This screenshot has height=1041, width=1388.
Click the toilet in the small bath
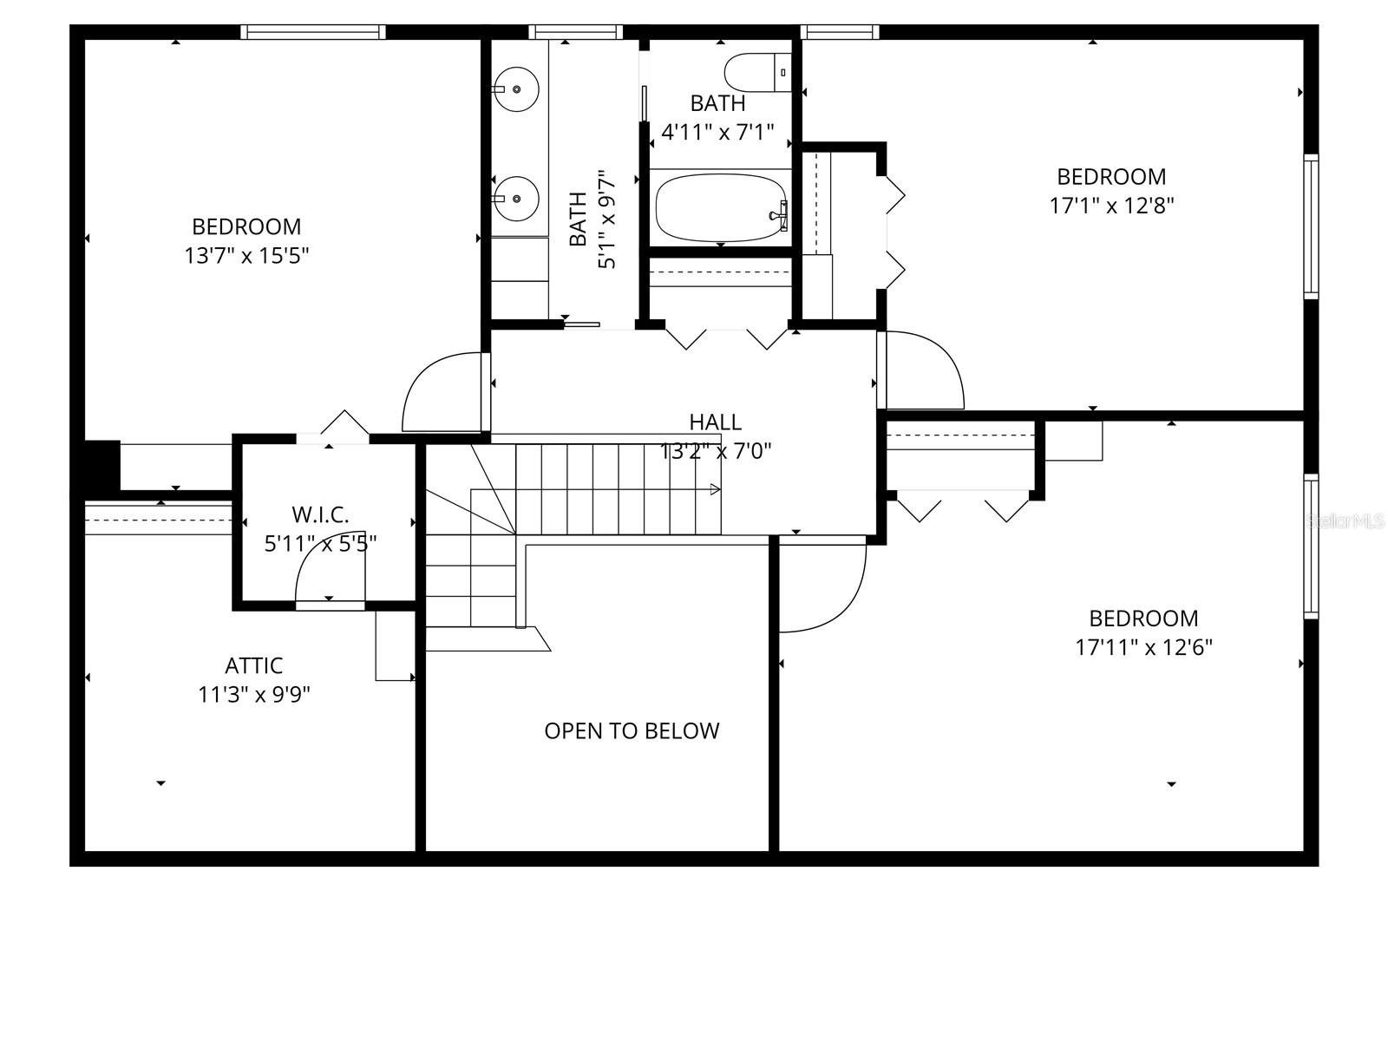click(x=756, y=73)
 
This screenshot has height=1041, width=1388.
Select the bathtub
click(x=720, y=209)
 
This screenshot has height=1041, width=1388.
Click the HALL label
click(x=715, y=422)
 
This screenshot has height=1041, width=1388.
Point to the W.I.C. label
click(x=320, y=514)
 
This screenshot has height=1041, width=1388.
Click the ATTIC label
click(x=253, y=665)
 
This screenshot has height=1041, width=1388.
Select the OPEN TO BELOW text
click(x=632, y=730)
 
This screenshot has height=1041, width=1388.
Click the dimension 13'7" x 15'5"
click(x=246, y=256)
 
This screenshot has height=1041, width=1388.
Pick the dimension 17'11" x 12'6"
click(x=1143, y=647)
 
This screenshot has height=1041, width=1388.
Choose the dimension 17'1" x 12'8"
click(x=1111, y=206)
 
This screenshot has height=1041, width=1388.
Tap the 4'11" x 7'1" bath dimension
click(x=717, y=133)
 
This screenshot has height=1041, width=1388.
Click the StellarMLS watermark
click(x=1345, y=521)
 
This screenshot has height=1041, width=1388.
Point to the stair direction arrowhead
click(x=715, y=490)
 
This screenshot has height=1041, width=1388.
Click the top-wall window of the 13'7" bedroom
click(x=312, y=32)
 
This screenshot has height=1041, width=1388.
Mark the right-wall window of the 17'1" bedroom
click(x=1311, y=226)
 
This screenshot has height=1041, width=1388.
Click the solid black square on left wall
click(x=101, y=467)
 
